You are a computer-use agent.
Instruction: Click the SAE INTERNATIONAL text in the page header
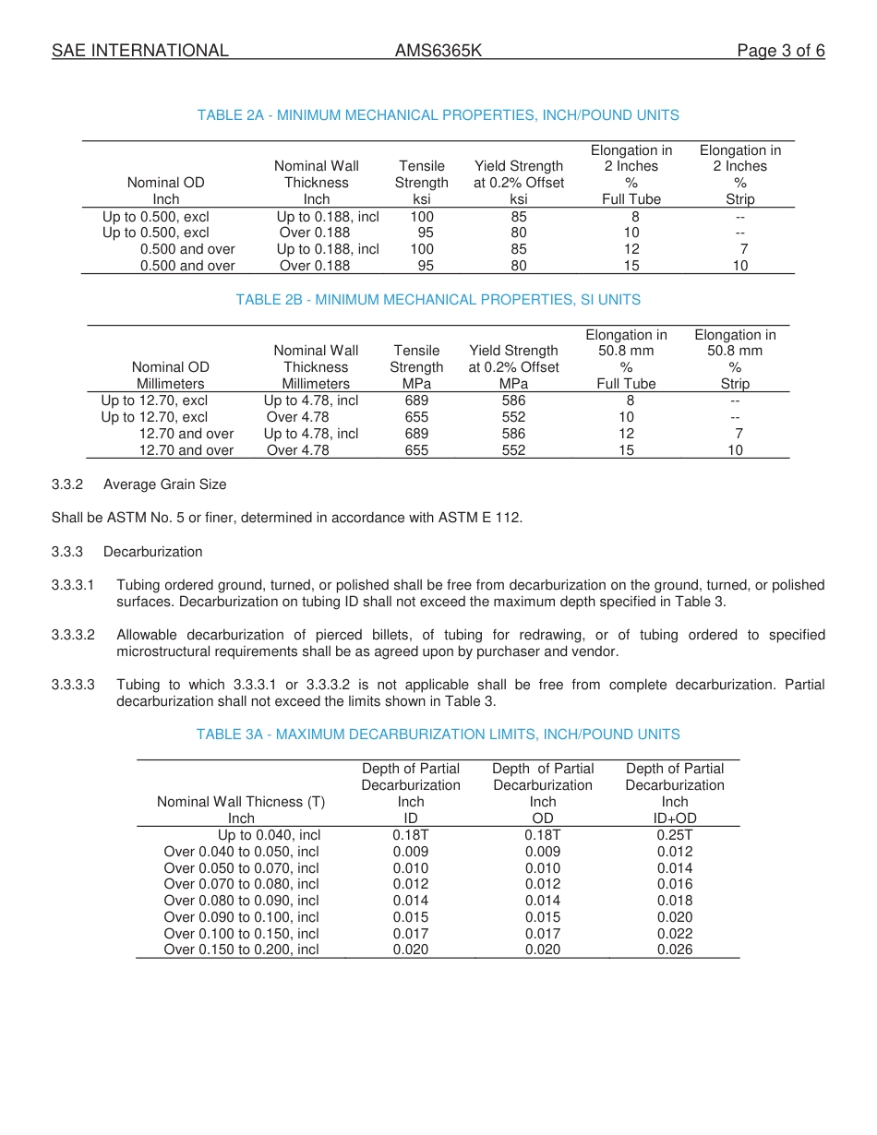(x=139, y=51)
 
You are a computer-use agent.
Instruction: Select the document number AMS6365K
(x=438, y=51)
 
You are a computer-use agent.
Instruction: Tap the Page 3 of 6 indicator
(x=780, y=51)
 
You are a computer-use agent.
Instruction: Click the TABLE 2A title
(x=438, y=115)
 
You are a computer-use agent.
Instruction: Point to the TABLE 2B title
(x=438, y=300)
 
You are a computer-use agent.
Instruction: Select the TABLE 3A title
(x=438, y=735)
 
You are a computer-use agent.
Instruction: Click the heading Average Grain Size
(x=164, y=484)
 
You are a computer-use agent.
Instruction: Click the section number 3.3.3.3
(x=73, y=685)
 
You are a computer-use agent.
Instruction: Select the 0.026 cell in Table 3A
(x=675, y=950)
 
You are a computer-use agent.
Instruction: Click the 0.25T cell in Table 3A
(x=675, y=835)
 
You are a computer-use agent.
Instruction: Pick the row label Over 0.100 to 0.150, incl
(x=241, y=934)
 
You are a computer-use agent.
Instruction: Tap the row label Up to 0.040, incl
(x=269, y=835)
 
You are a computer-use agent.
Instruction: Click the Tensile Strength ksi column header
(x=422, y=182)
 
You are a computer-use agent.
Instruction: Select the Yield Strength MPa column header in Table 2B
(x=513, y=366)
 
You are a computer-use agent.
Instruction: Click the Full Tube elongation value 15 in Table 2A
(x=631, y=266)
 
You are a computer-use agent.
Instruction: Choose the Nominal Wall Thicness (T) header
(x=241, y=802)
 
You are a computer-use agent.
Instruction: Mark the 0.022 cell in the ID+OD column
(x=675, y=934)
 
